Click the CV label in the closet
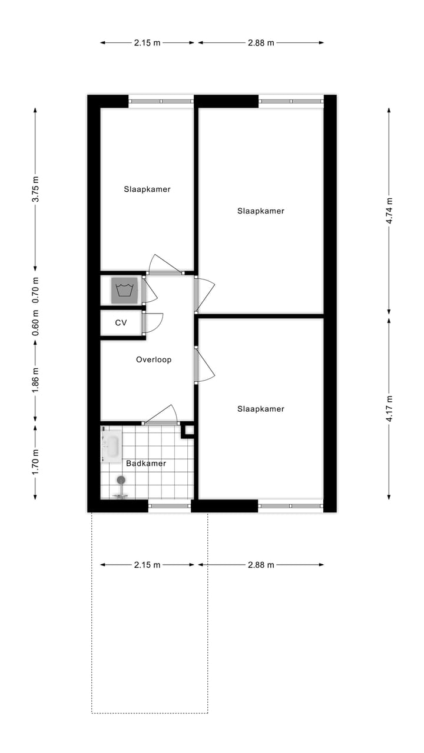tap(121, 323)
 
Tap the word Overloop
tap(154, 359)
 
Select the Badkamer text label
tap(146, 464)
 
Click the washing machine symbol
tap(124, 290)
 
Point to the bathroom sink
tap(111, 446)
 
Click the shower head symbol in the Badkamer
tap(121, 481)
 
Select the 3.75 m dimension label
tap(35, 190)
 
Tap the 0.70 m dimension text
tap(35, 290)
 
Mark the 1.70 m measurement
tap(35, 462)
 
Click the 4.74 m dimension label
tap(389, 211)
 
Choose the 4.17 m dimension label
tap(389, 409)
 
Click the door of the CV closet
tap(152, 323)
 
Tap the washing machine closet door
tap(149, 290)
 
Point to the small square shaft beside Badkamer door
tap(188, 431)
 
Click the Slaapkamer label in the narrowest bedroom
tap(147, 189)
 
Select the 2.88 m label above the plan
tap(261, 42)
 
